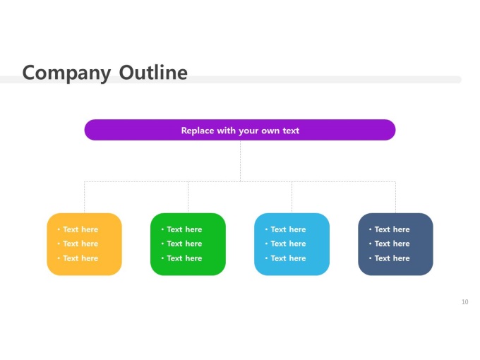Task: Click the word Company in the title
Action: [66, 73]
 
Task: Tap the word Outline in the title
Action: [153, 73]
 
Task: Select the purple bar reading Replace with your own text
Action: [240, 130]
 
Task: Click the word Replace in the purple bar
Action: [198, 131]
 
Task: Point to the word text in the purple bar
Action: [291, 131]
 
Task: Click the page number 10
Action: [464, 302]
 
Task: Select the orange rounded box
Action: [84, 244]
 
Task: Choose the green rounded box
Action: [188, 244]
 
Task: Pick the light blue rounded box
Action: [292, 244]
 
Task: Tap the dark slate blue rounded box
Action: [395, 244]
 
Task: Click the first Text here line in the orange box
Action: [80, 229]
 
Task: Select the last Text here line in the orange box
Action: [80, 258]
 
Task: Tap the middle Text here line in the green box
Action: [184, 244]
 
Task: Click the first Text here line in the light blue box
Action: [288, 229]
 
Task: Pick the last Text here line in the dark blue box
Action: [392, 258]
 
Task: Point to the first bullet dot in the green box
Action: [162, 229]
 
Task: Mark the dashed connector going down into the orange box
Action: [85, 198]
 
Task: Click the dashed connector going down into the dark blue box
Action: [395, 198]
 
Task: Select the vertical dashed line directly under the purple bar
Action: [240, 161]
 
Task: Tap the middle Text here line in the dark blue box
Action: [392, 244]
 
